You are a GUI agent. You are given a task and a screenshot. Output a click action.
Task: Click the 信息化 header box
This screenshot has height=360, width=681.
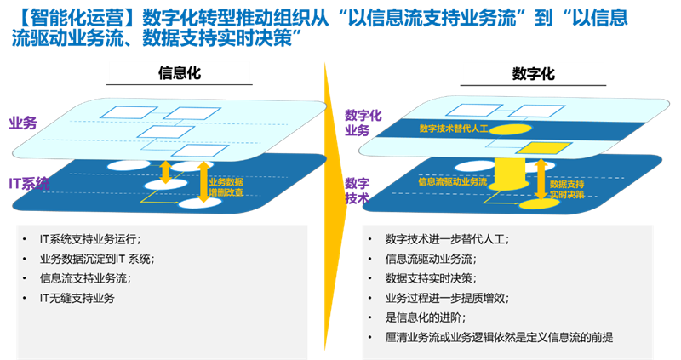(180, 73)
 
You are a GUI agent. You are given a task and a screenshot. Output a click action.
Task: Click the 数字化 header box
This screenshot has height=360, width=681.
(533, 73)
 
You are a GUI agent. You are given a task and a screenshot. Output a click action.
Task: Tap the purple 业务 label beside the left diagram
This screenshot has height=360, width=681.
(23, 123)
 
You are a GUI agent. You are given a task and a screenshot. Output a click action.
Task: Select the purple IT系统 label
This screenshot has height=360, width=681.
(29, 182)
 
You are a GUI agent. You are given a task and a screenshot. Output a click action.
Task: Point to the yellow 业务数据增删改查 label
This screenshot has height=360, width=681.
(226, 187)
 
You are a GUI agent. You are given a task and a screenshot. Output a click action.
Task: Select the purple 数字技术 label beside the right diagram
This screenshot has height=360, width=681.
(357, 190)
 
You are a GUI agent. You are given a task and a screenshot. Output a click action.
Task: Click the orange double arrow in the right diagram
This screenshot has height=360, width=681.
(540, 180)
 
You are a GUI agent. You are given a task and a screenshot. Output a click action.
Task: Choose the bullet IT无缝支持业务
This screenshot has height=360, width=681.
(77, 298)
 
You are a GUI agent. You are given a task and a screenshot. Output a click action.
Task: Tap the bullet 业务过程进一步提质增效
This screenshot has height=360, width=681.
(447, 298)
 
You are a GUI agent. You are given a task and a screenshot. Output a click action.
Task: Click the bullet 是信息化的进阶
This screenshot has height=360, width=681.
(425, 317)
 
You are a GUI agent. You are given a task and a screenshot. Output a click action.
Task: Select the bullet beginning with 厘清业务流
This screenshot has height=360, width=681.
(499, 337)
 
